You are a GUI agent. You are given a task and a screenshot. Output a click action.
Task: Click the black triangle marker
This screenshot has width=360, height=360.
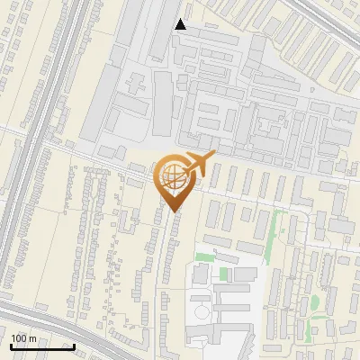pyautogui.click(x=181, y=24)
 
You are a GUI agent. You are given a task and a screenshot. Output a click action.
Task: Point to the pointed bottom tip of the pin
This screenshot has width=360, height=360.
pyautogui.click(x=172, y=211)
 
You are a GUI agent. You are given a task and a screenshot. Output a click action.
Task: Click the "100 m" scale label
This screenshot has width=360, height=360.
pyautogui.click(x=23, y=338)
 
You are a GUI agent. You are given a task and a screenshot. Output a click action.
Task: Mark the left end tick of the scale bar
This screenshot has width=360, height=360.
pyautogui.click(x=10, y=346)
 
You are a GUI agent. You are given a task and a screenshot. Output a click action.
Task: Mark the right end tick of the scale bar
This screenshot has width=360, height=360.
pyautogui.click(x=74, y=346)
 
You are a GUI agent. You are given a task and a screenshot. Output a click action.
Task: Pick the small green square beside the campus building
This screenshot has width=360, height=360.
pyautogui.click(x=224, y=274)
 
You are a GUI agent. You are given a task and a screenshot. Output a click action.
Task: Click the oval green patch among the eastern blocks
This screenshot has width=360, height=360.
pyautogui.click(x=315, y=303)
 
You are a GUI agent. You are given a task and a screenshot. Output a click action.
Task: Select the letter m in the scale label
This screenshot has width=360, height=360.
pyautogui.click(x=31, y=338)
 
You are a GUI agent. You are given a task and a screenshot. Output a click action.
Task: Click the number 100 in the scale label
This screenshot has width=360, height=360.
pyautogui.click(x=19, y=338)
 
